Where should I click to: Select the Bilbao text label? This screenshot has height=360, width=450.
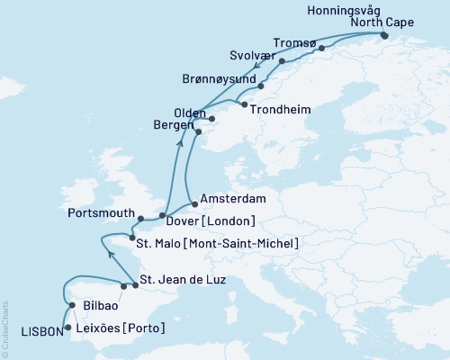pos(100,306)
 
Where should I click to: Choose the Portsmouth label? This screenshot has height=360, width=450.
pos(101,214)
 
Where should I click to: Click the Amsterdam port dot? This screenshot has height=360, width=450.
pos(195,204)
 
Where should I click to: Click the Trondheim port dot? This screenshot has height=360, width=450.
pos(244,104)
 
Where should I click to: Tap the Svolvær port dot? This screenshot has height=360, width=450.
pos(282,61)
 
